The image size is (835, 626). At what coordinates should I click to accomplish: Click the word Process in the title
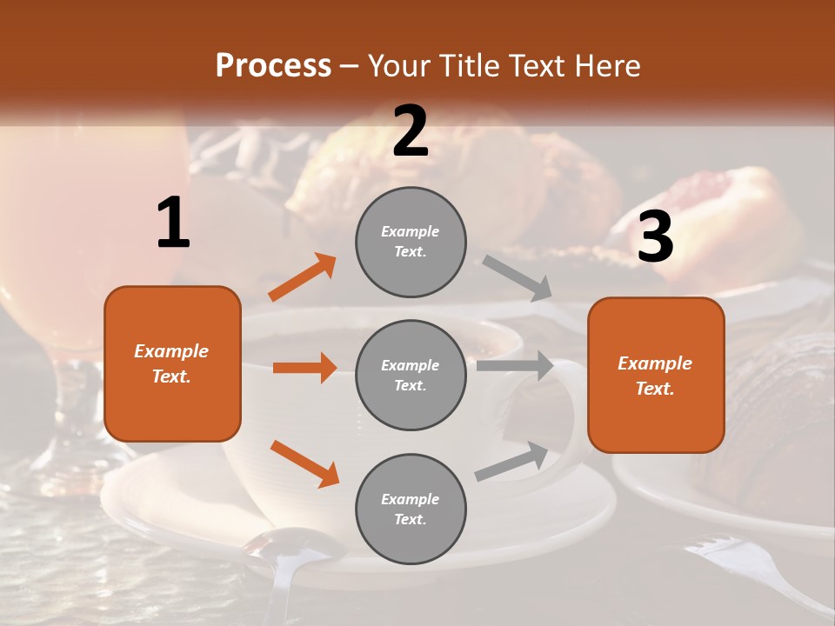point(273,66)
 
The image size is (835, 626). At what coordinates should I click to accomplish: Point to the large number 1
point(173,223)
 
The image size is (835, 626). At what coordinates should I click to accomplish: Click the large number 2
point(411,131)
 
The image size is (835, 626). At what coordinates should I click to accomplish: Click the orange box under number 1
point(172,363)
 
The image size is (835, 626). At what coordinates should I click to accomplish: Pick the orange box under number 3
point(656,375)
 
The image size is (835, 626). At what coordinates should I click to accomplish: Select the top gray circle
point(411,242)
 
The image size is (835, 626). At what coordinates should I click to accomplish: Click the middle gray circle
point(411,375)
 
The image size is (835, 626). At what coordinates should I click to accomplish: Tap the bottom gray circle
point(411,509)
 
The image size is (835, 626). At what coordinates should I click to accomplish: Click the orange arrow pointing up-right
point(303,277)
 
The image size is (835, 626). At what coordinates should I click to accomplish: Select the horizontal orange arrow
point(304,368)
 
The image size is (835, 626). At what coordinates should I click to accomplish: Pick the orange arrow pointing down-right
point(304,463)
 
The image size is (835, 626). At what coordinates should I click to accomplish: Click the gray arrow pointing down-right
point(518,278)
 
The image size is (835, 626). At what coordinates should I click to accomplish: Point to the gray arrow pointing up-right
point(511,462)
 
